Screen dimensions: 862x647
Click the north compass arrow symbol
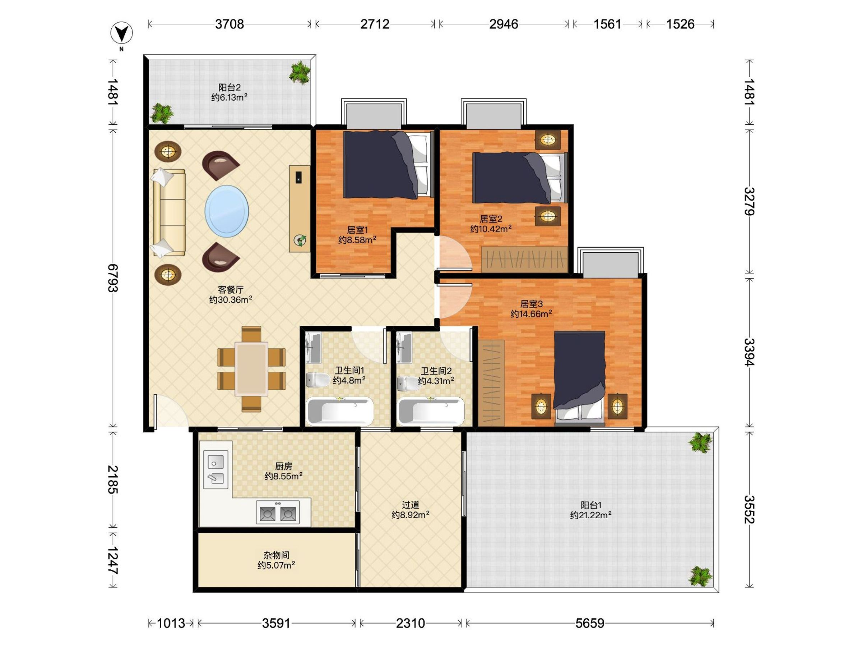click(x=122, y=33)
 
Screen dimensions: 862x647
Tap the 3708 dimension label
click(x=230, y=24)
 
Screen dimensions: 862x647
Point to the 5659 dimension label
click(x=590, y=623)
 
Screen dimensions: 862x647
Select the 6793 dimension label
click(x=113, y=278)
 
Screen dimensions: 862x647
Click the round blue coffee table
click(x=227, y=211)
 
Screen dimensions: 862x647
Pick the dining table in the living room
click(x=251, y=368)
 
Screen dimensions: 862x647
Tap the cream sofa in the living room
click(x=169, y=212)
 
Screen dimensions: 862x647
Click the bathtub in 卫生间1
click(x=340, y=410)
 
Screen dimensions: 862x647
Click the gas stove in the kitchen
click(x=278, y=513)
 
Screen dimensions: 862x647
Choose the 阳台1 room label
click(x=591, y=505)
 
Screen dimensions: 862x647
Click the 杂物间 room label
click(x=276, y=555)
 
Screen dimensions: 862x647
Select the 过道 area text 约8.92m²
click(x=410, y=515)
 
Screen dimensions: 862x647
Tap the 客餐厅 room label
click(x=231, y=290)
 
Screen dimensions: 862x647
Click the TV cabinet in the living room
click(x=300, y=208)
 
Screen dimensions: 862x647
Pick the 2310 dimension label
click(x=410, y=623)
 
